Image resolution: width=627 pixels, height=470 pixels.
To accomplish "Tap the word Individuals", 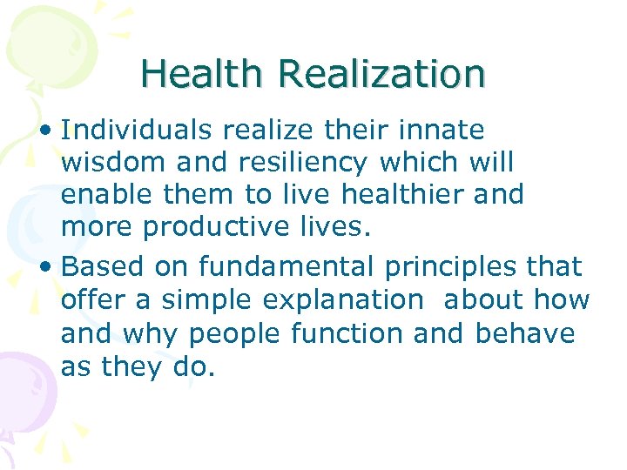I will pos(138,131).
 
